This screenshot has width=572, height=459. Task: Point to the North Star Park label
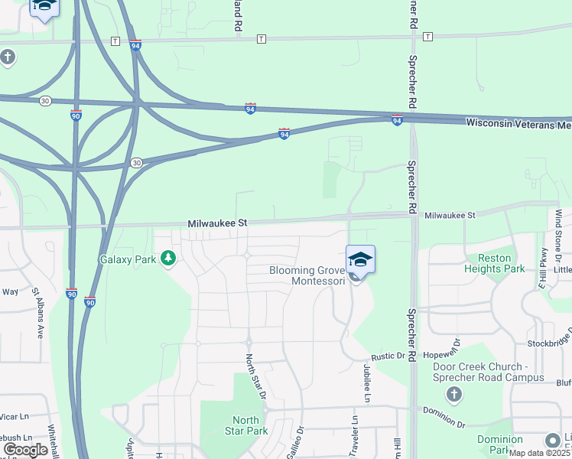(x=245, y=425)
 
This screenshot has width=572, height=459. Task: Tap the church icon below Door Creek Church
(x=454, y=395)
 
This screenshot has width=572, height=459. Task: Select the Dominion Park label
(x=500, y=444)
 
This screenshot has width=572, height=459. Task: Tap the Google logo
(x=25, y=450)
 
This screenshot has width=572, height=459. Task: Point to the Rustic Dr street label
(x=387, y=356)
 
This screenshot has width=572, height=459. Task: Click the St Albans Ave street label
(x=36, y=314)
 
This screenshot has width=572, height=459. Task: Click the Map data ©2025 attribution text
(x=540, y=453)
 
